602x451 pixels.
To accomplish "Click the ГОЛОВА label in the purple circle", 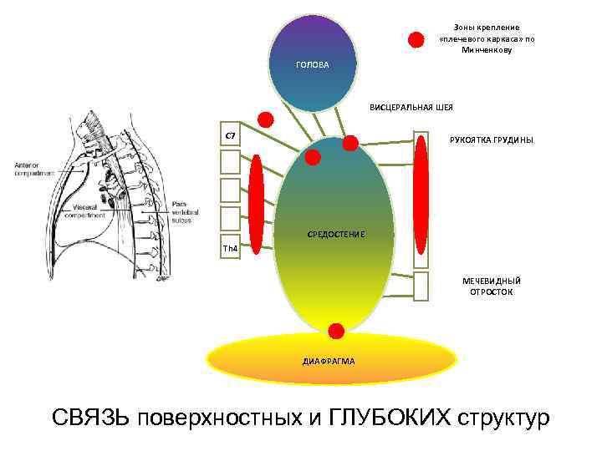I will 313,65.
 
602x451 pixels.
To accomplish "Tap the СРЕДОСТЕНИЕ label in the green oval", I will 336,235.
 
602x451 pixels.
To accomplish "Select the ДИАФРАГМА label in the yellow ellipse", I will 329,361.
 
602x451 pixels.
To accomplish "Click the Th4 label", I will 229,249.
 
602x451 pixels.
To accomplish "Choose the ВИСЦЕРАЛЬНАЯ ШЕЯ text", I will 411,108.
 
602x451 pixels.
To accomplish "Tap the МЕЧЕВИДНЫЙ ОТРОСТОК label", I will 491,286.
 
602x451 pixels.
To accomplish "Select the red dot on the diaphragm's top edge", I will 336,331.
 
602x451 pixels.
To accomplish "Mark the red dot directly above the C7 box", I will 265,119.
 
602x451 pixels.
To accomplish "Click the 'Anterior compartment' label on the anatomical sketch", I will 33,169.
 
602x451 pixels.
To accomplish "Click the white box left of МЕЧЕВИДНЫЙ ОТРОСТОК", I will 421,286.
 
